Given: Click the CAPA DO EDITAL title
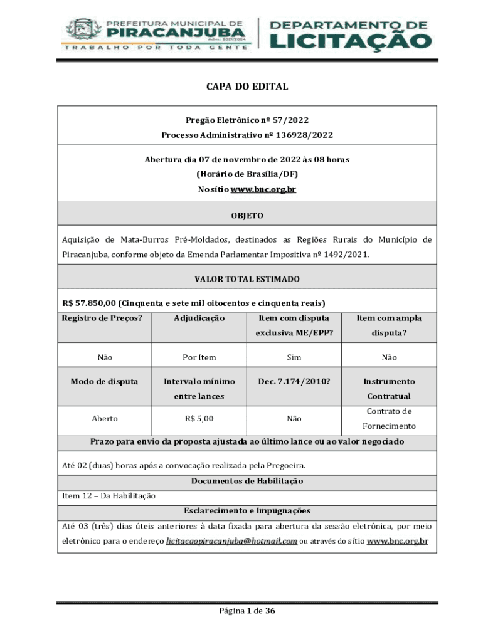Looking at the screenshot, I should tap(247, 87).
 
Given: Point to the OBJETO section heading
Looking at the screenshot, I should tap(247, 216).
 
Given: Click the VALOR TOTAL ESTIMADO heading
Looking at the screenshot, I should tap(247, 279).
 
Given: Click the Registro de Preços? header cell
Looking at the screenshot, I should tap(102, 318).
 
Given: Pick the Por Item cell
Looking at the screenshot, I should tap(199, 357).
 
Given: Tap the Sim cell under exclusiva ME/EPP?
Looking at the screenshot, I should tap(294, 357).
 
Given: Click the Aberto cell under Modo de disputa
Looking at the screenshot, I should tap(105, 418).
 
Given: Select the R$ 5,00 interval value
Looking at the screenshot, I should tap(199, 418).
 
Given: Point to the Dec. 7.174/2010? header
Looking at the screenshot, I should tap(294, 381).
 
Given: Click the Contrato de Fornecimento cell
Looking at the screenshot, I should tap(389, 419).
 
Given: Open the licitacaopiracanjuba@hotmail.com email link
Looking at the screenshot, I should tap(231, 540).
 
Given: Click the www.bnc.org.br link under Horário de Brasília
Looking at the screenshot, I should tap(263, 189).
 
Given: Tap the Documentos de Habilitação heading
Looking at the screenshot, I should tap(247, 481).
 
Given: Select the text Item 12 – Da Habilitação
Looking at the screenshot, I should tap(109, 496).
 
